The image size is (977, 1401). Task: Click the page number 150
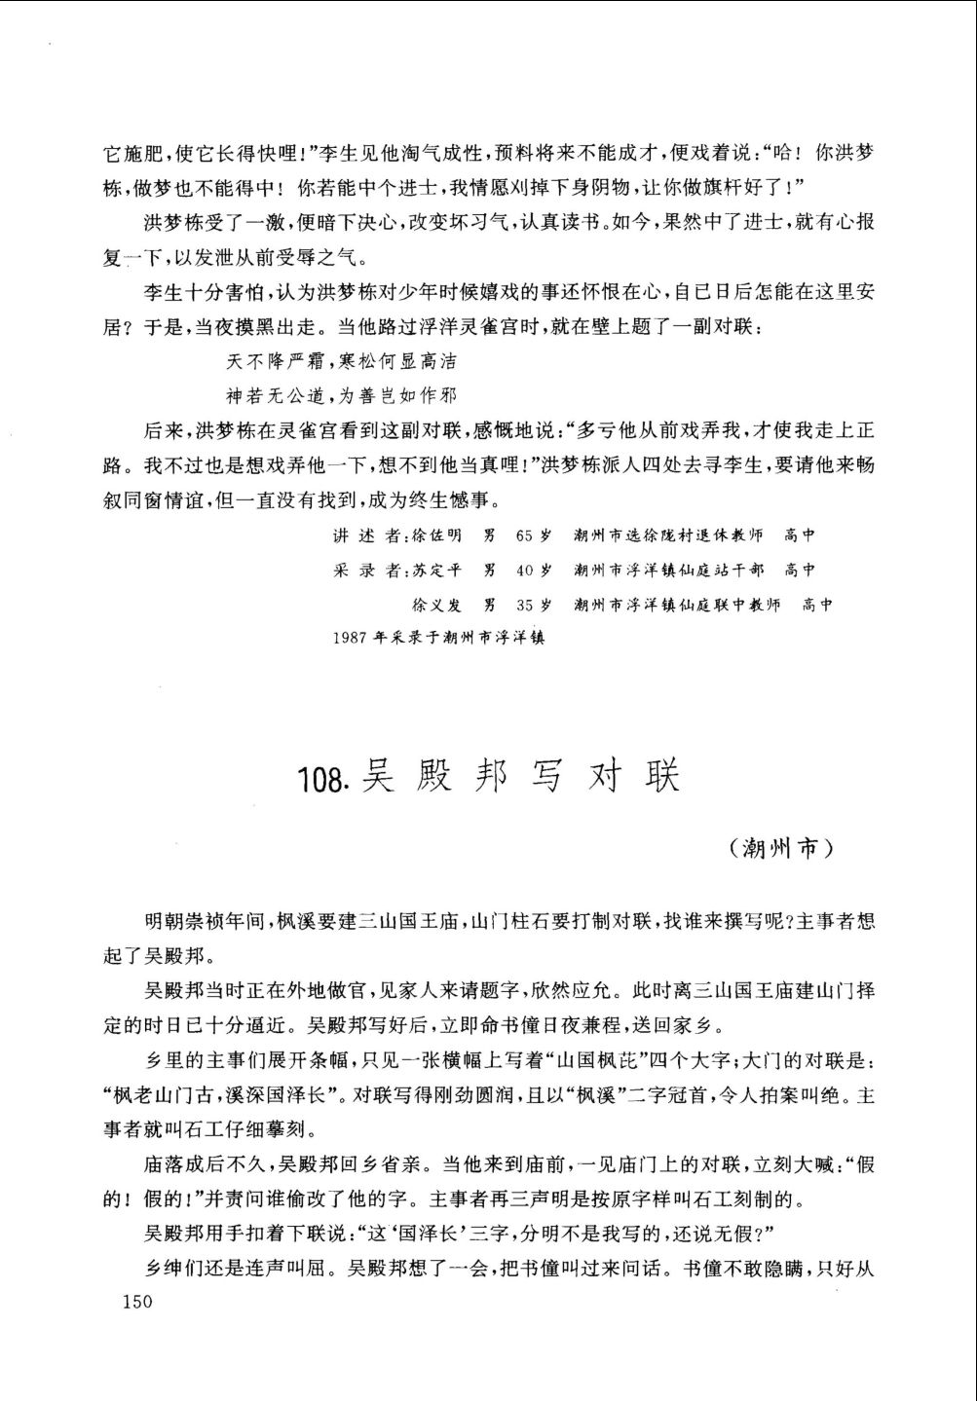(x=135, y=1303)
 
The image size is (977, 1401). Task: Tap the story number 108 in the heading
(x=324, y=780)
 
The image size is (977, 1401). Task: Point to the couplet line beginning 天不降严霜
(x=341, y=362)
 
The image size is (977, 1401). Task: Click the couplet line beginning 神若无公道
(x=341, y=395)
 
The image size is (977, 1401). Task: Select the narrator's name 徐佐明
(x=438, y=535)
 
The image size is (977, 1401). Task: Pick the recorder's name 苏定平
(x=438, y=570)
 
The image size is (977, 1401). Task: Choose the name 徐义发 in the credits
(x=438, y=605)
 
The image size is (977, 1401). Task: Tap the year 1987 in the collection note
(x=346, y=639)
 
